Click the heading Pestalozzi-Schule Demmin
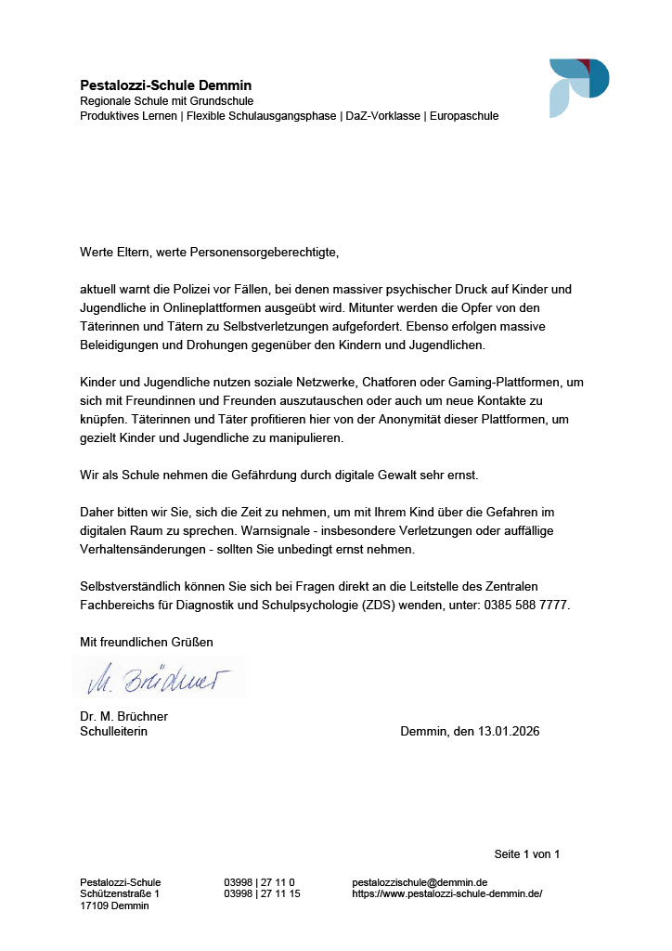(x=165, y=85)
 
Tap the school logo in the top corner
(x=578, y=87)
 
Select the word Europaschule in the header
(x=464, y=116)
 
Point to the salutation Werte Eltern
(x=116, y=251)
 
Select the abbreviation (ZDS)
(x=394, y=605)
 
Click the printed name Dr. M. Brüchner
(x=123, y=716)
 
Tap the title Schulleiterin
(x=113, y=731)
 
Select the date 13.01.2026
(x=509, y=731)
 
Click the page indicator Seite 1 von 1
(x=526, y=853)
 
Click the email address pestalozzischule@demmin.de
(x=420, y=881)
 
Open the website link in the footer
(x=446, y=893)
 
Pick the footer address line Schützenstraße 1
(x=120, y=893)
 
